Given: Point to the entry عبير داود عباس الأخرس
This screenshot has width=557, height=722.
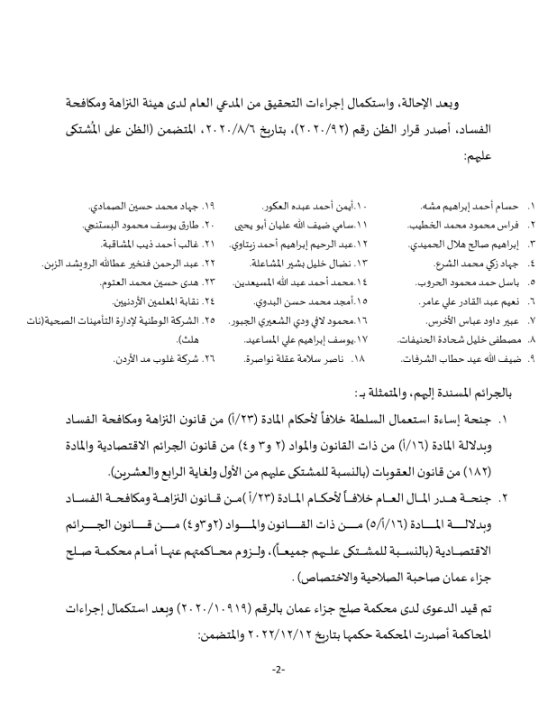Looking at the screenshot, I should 462,321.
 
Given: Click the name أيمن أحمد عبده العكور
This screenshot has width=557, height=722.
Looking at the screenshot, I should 280,208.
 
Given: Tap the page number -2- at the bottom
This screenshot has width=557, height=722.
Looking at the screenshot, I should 278,670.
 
